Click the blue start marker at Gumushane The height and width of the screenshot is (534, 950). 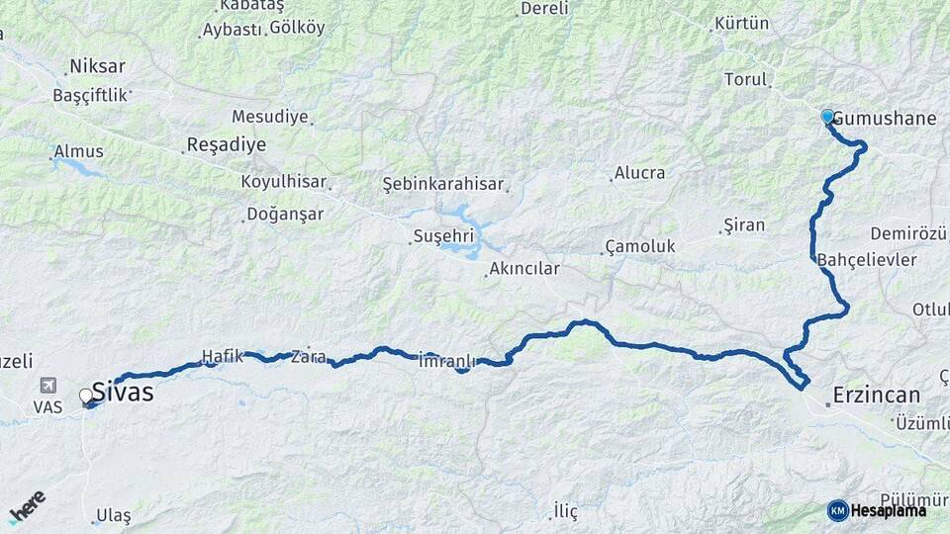point(827,116)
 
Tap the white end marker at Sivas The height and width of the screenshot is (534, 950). point(86,396)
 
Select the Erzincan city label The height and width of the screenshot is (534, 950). point(876,396)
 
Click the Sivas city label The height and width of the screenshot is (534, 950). point(123,393)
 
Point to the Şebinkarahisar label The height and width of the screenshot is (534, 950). point(444,184)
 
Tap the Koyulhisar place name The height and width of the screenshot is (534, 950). point(285,182)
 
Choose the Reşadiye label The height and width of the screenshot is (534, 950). point(228,145)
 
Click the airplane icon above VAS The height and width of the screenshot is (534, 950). point(47,386)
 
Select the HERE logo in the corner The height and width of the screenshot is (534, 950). point(27,506)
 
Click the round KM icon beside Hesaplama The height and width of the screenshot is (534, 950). point(837,510)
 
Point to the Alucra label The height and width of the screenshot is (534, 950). point(639,173)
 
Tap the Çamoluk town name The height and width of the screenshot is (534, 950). point(640,247)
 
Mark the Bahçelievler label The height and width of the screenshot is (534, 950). point(868,260)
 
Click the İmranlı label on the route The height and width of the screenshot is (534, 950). point(448,360)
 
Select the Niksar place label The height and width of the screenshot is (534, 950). point(97,67)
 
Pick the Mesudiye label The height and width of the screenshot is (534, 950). point(270,117)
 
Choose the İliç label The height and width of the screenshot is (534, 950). point(565,511)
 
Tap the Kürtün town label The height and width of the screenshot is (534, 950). point(742,23)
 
